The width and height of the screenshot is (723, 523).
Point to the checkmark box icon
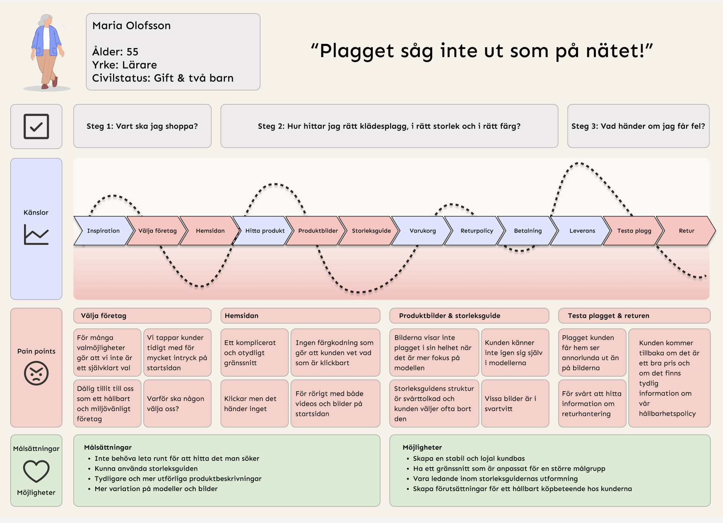tap(36, 126)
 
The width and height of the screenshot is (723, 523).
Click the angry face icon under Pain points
tap(36, 373)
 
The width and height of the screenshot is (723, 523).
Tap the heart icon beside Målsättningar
tap(36, 471)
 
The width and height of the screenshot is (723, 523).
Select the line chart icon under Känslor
tap(36, 235)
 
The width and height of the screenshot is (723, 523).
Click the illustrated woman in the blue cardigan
tap(47, 52)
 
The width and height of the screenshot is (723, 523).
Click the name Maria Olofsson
tap(132, 26)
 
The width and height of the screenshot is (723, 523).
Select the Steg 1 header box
tap(142, 126)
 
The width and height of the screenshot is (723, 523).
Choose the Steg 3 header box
tap(638, 126)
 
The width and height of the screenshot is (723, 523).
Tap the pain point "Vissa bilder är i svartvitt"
tap(515, 403)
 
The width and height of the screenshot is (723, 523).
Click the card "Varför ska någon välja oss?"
tap(177, 403)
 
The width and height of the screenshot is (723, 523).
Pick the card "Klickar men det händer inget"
tap(254, 403)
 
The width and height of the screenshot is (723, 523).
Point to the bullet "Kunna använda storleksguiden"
tap(146, 469)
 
